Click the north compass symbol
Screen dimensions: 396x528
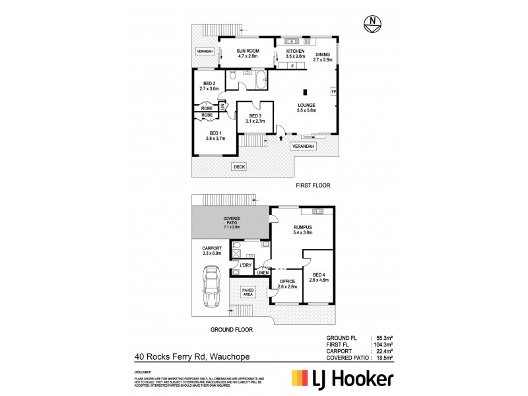pos(374,25)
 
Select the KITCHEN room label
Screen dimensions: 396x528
pos(295,53)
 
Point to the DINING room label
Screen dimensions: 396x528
pos(323,57)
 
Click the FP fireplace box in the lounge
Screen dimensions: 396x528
pos(333,92)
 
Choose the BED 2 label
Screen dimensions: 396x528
pos(209,84)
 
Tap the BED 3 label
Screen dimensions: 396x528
pos(255,118)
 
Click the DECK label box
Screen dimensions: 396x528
pos(239,167)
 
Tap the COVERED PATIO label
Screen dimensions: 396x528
pos(232,224)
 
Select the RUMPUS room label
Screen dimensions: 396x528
pos(303,230)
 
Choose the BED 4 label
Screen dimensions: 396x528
pos(319,277)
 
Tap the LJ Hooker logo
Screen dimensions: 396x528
pos(343,379)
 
